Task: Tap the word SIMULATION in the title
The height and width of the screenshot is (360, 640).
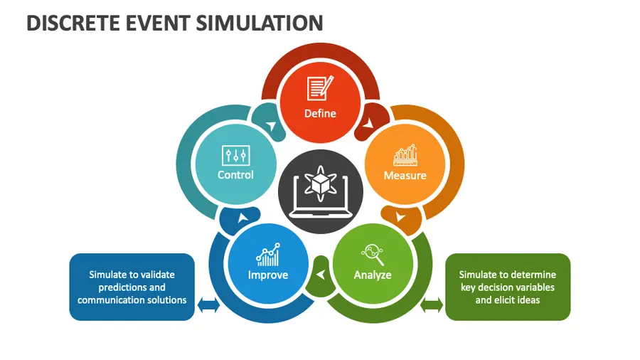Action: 260,23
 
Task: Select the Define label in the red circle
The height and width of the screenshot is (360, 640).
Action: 321,113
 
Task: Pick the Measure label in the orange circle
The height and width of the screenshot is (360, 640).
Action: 405,176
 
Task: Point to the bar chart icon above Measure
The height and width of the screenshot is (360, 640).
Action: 405,155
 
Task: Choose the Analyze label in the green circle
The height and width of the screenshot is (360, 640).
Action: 372,275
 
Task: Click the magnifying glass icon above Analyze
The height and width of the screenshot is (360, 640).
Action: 373,255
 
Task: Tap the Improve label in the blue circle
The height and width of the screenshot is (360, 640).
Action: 268,275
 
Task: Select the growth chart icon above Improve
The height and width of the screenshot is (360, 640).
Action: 268,255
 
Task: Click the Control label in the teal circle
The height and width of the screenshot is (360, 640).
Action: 235,175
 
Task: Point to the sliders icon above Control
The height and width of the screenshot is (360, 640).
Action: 236,156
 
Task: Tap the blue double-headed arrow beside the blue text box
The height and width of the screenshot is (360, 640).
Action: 208,305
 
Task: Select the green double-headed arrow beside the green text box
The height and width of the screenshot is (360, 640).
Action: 432,305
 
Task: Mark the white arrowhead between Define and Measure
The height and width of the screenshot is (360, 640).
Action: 368,122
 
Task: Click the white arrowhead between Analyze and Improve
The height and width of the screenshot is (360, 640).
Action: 321,275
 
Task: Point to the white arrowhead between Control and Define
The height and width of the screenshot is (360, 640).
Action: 271,125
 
